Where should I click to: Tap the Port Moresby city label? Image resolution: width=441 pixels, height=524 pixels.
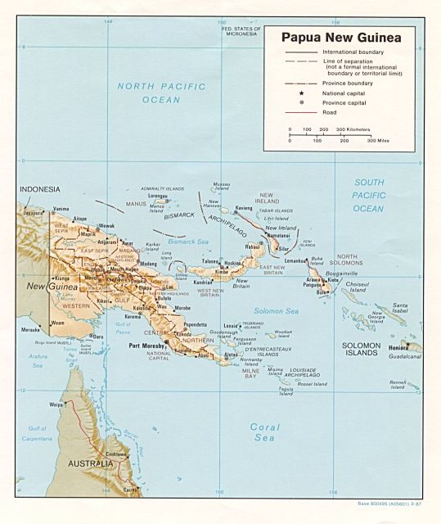[148, 346]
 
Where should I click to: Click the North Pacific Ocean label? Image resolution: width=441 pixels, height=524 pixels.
[148, 93]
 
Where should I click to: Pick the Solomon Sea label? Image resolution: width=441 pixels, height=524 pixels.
[276, 311]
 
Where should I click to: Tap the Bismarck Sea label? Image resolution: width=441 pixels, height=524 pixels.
[189, 242]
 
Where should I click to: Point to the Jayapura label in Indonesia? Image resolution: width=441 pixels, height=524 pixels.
[32, 212]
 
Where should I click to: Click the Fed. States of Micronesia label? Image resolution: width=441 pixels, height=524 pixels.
[241, 30]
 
